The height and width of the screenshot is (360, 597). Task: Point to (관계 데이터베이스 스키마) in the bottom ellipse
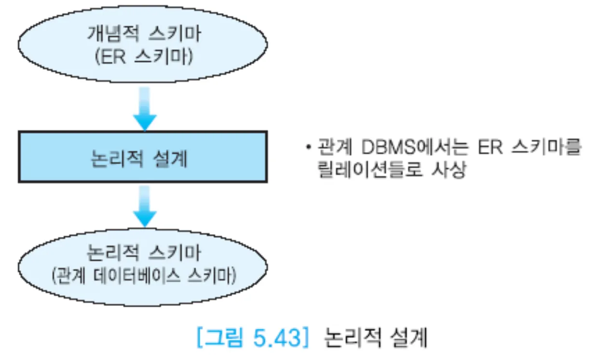(143, 277)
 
